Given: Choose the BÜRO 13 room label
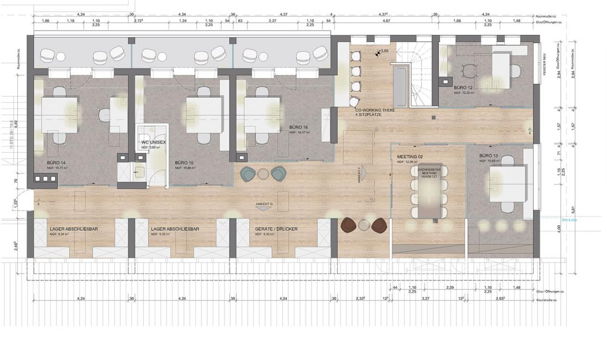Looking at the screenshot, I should coord(489,156).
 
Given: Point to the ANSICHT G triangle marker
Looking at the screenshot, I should coord(264,208).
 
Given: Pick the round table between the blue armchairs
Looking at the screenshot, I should coord(263,173).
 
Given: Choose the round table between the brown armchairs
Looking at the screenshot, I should coord(363,224).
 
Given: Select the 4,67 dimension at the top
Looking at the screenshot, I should coord(387,20).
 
